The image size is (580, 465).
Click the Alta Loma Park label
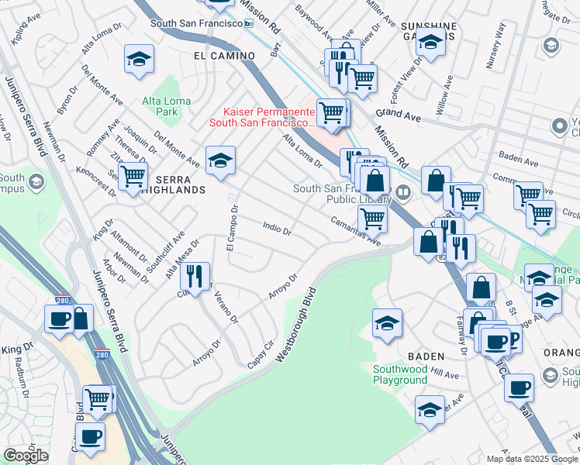[x=160, y=106]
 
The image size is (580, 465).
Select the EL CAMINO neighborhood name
[x=224, y=56]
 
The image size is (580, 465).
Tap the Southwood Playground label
[x=400, y=374]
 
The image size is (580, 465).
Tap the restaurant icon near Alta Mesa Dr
[x=195, y=274]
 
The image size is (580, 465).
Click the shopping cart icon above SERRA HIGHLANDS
[x=133, y=175]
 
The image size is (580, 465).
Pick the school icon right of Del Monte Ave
[x=220, y=160]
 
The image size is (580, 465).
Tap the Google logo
[x=25, y=456]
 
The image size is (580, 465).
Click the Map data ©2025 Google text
[x=531, y=459]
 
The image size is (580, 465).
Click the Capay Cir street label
[x=262, y=353]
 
